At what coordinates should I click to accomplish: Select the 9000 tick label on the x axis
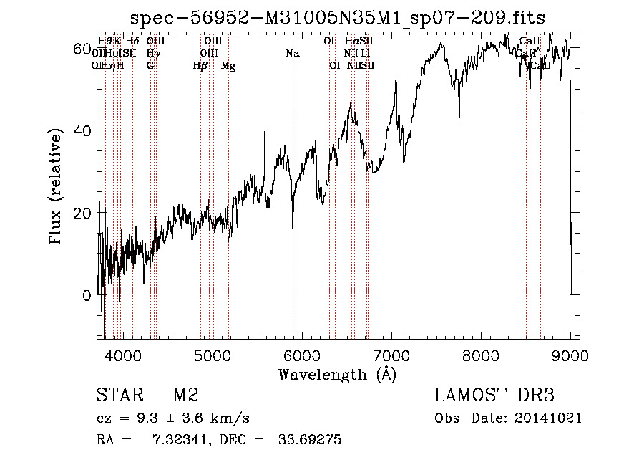coord(570,355)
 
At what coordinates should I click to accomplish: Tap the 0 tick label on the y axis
coord(86,295)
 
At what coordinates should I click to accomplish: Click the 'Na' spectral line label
coord(292,53)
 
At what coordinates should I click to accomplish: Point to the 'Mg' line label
coord(228,66)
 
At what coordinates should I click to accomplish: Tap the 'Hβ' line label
coord(200,66)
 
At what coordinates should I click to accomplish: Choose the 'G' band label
coord(150,66)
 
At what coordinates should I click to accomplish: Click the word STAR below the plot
coord(119,396)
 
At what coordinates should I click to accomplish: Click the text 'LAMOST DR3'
coord(494,396)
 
